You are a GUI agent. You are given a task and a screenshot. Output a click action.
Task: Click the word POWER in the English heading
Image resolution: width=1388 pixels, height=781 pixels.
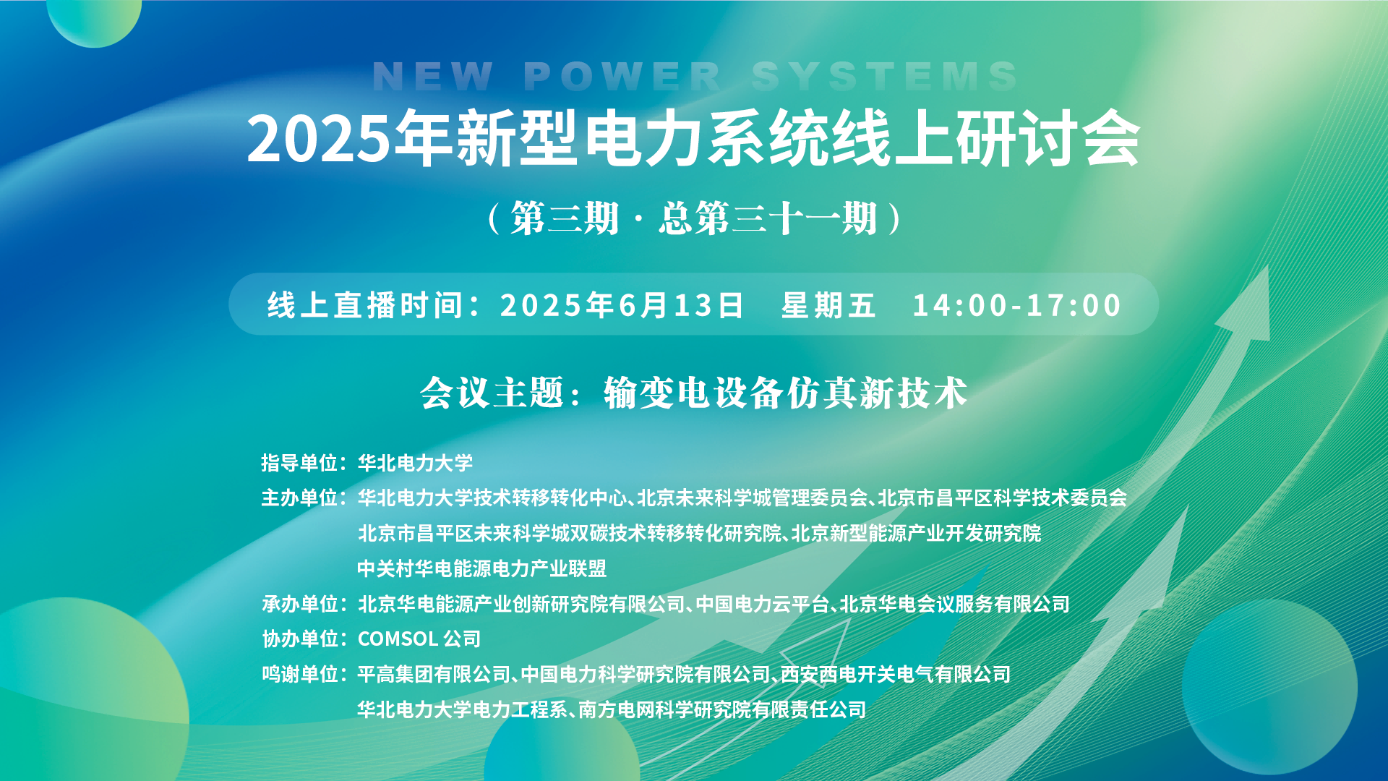click(x=622, y=76)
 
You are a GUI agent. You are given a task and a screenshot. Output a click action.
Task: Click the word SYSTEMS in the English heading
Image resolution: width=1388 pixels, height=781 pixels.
click(x=884, y=76)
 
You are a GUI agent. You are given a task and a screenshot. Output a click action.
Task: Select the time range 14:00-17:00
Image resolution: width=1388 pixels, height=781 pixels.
click(x=1016, y=305)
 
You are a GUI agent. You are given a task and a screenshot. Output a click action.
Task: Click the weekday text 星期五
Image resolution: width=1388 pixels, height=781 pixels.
click(x=828, y=305)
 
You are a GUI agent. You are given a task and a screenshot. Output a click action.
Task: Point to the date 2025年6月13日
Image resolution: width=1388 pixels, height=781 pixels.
click(x=622, y=305)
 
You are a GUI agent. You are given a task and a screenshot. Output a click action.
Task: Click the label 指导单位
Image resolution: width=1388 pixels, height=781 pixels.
click(x=299, y=463)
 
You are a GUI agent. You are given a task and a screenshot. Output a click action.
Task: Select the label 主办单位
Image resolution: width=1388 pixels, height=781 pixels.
click(x=299, y=498)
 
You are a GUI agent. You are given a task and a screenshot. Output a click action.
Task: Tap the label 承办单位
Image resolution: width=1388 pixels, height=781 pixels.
click(x=299, y=604)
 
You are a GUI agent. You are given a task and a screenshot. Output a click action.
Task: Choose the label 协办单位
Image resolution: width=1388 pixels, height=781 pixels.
click(x=299, y=639)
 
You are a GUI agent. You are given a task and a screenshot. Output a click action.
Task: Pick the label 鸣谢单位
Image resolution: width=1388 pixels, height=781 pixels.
click(x=299, y=675)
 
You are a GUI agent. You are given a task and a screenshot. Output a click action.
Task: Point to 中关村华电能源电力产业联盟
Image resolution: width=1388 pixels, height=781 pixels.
click(x=482, y=568)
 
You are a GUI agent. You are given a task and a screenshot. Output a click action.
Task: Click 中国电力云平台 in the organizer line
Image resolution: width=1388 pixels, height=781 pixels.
click(x=762, y=604)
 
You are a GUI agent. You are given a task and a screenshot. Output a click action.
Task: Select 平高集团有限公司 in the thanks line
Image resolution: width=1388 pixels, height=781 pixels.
click(x=434, y=675)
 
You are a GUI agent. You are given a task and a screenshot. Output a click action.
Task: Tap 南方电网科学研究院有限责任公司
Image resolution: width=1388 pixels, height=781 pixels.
click(x=722, y=709)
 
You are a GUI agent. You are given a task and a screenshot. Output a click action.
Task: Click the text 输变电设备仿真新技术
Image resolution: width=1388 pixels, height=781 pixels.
click(x=786, y=393)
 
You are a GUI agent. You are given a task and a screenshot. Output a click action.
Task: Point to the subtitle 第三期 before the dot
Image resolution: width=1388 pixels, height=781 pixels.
click(x=565, y=218)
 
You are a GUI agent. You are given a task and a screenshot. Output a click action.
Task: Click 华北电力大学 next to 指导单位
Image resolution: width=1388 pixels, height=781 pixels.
click(x=415, y=463)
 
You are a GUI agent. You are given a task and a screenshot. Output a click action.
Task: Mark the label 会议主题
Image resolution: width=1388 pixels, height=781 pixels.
click(x=492, y=393)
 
